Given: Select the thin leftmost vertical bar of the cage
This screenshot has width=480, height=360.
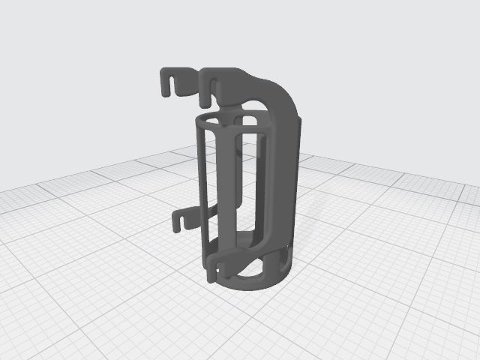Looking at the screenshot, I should click(203, 187).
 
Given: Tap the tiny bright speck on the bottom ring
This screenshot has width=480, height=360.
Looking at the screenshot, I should click(287, 245).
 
